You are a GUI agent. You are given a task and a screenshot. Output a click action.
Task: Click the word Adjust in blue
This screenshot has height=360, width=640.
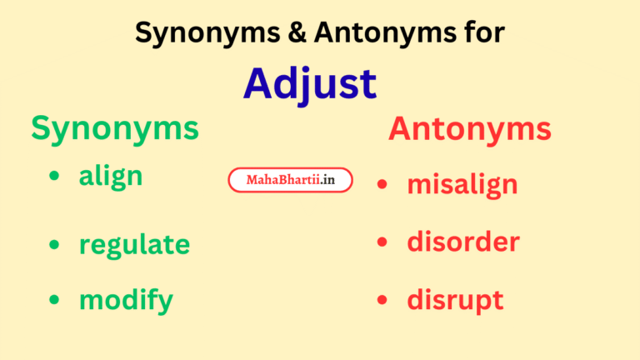point(310,83)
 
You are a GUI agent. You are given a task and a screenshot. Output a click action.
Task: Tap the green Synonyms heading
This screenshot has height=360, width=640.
point(115,128)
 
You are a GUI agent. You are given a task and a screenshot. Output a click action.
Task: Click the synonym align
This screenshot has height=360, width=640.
point(111,176)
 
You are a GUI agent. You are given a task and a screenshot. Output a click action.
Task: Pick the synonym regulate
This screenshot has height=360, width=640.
point(134,245)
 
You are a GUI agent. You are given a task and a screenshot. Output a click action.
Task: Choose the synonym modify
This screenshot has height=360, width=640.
point(126,300)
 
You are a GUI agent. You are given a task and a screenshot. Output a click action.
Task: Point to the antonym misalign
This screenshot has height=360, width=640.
point(462,184)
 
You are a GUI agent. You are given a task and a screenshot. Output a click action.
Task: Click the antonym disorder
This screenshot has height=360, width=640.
point(463,242)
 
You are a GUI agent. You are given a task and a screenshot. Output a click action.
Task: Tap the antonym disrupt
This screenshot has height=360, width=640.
point(455,300)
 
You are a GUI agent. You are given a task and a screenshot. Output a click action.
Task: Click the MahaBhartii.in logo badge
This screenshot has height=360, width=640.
point(290,180)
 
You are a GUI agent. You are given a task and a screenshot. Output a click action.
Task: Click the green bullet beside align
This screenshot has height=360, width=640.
point(54,176)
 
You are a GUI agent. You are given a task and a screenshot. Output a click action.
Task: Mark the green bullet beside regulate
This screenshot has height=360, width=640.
point(54,244)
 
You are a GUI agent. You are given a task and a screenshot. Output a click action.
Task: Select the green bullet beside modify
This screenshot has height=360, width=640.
point(54,300)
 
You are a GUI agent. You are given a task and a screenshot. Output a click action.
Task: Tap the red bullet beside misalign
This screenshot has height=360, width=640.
point(382,184)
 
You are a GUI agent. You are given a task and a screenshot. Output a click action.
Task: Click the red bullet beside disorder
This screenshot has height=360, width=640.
point(382,242)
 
